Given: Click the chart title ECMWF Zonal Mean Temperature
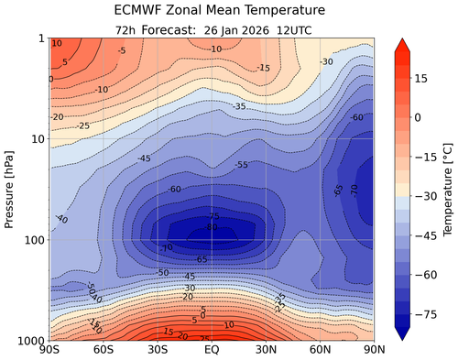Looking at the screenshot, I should click(x=212, y=11).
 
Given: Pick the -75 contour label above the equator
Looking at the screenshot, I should click(x=212, y=217).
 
